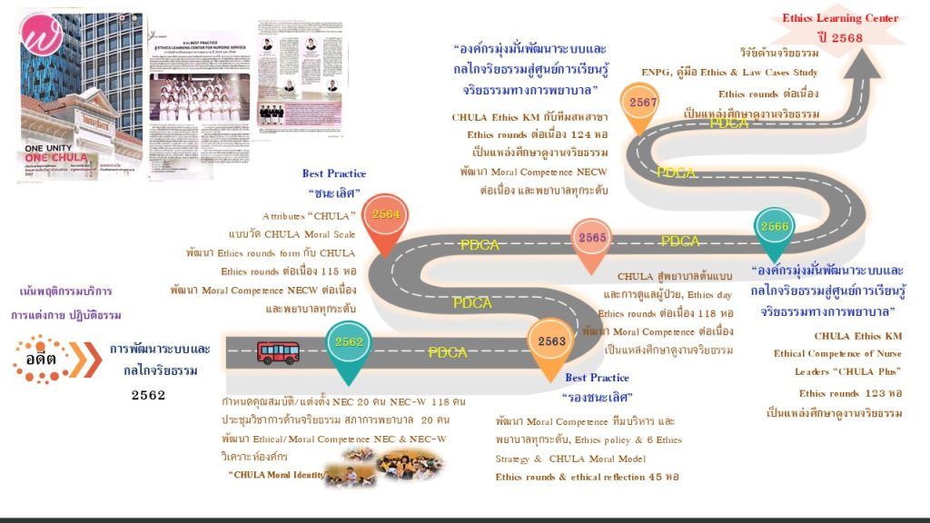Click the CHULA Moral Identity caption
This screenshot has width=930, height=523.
[x=277, y=474]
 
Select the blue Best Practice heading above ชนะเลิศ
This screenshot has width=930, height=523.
[x=333, y=173]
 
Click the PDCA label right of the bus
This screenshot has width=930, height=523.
[x=448, y=352]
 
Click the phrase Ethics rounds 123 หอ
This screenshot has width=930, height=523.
[x=849, y=393]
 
